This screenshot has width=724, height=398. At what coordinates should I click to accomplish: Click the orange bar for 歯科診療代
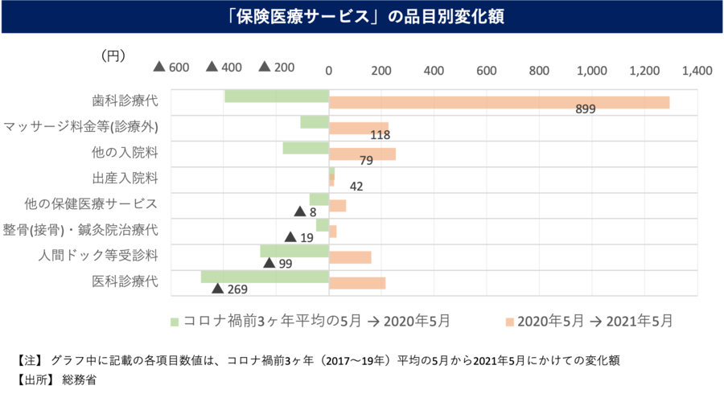[x=499, y=102]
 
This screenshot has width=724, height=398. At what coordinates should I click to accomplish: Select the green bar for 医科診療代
[x=265, y=277]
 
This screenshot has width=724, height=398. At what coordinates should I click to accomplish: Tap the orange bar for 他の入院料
[x=362, y=154]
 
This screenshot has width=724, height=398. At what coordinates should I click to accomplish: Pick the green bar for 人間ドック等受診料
[x=294, y=251]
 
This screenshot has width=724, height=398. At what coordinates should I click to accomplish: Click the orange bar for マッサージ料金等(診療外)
[x=359, y=129]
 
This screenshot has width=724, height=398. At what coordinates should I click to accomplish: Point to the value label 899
[x=585, y=109]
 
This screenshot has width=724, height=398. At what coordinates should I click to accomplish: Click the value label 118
[x=381, y=135]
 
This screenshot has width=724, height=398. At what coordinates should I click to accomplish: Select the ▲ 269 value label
[x=229, y=289]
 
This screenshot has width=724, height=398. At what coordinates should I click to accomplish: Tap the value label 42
[x=356, y=187]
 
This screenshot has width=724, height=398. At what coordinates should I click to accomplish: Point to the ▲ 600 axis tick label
[x=171, y=68]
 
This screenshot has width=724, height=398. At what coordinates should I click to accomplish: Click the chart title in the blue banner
[x=362, y=17]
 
